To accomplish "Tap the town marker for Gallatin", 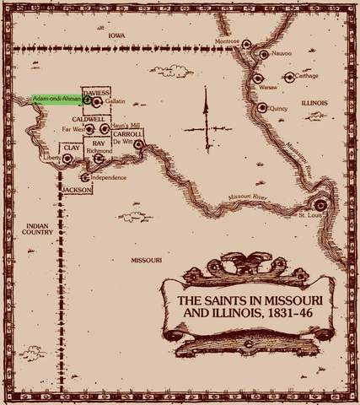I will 97,101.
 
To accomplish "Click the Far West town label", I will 74,131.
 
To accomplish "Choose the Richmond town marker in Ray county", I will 99,157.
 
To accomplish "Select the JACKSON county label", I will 77,190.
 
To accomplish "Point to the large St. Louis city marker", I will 318,204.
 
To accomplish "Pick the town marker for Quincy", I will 261,107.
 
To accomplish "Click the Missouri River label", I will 244,195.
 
